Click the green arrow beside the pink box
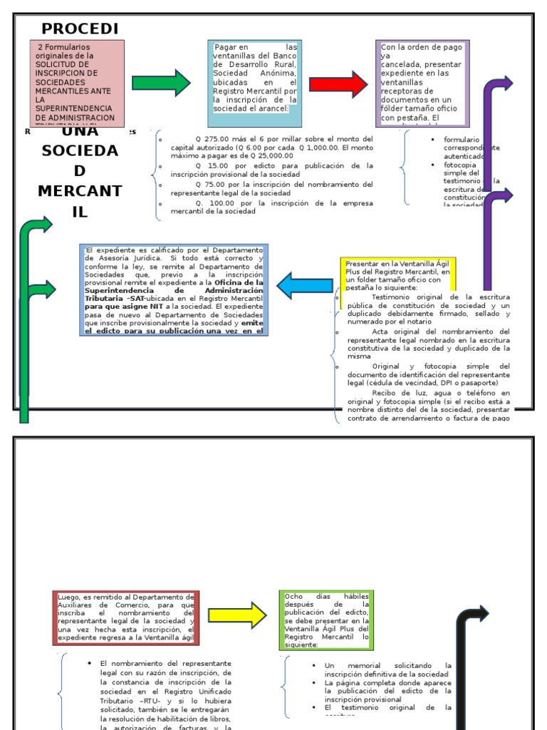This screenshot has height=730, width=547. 161,83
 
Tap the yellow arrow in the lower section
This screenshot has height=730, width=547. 237,615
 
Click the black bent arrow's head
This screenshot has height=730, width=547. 481,614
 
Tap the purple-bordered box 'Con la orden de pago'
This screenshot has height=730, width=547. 423,83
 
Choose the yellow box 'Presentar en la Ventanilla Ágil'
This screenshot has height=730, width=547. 397,275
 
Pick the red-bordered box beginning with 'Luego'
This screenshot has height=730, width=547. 125,617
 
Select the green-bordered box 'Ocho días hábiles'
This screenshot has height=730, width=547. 325,620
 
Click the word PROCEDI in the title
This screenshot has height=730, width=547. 80,29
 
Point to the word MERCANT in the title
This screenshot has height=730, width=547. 80,192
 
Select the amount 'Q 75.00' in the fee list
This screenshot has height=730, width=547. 210,184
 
